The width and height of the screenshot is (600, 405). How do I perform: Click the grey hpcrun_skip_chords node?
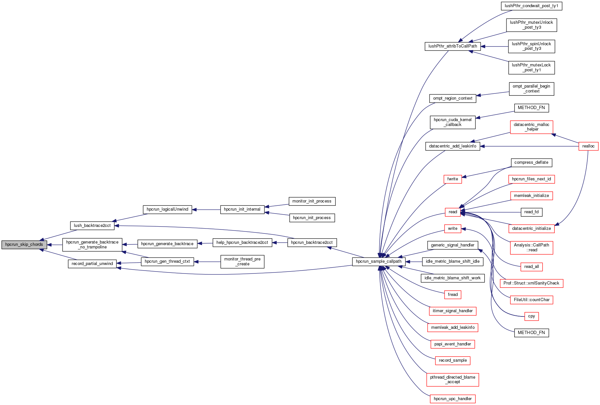coord(24,244)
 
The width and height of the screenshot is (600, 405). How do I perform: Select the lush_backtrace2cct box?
coord(92,226)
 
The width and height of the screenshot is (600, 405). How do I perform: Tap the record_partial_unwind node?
coord(92,264)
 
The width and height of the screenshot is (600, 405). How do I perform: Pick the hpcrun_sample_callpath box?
coord(379,261)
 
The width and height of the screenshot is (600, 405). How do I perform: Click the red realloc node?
coord(588,146)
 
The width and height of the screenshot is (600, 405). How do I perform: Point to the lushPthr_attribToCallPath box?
coord(453,46)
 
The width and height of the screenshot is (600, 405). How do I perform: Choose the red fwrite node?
coord(453,179)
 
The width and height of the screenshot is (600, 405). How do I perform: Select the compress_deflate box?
coord(531,162)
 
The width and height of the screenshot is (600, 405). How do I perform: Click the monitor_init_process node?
coord(312,201)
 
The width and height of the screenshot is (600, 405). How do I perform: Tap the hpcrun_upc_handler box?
coord(453,399)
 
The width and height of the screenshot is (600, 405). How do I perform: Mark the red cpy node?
coord(532,316)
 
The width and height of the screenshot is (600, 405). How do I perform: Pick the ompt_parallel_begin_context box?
coord(531,89)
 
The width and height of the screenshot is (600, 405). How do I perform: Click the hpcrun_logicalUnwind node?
coord(168,209)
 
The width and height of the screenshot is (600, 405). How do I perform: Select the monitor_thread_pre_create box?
coord(242,261)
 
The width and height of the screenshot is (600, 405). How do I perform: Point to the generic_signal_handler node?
coord(453,245)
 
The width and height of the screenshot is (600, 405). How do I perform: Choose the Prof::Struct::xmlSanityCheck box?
coord(531,283)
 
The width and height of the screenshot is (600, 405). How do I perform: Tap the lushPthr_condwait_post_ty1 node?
coord(531,6)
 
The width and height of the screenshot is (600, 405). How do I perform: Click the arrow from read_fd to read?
coord(492,212)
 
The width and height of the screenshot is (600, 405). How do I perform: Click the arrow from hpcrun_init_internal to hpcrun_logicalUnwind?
coord(206,210)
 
